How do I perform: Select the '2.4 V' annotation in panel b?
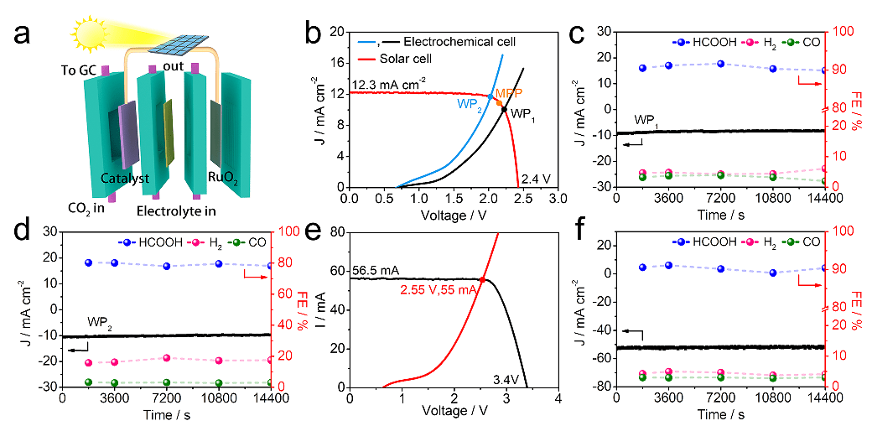click(x=535, y=178)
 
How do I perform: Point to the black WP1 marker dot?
click(x=504, y=109)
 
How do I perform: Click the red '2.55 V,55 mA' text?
click(x=433, y=289)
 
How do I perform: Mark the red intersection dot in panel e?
click(x=482, y=279)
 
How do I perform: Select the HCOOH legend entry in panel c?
click(x=705, y=42)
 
